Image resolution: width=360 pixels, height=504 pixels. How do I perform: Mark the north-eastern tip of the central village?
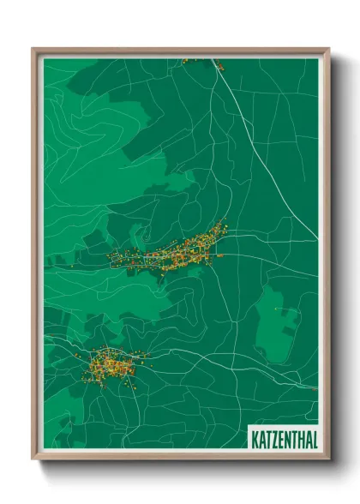tap(224, 225)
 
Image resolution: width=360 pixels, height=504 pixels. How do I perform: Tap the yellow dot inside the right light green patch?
tap(275, 309)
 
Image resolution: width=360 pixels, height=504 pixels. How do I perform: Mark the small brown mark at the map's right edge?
tap(315, 388)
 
